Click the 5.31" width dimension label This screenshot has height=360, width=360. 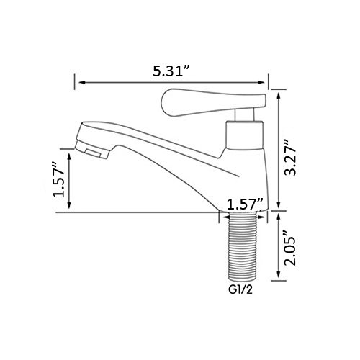click(172, 71)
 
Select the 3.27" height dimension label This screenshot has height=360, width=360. click(289, 157)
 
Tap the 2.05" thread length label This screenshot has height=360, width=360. click(289, 248)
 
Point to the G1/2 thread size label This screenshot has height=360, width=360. click(240, 290)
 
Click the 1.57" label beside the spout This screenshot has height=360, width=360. click(59, 179)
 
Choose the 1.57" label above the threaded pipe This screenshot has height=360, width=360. click(245, 204)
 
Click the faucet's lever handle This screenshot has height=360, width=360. click(214, 102)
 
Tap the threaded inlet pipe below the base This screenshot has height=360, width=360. click(242, 246)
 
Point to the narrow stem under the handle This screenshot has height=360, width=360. click(244, 114)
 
